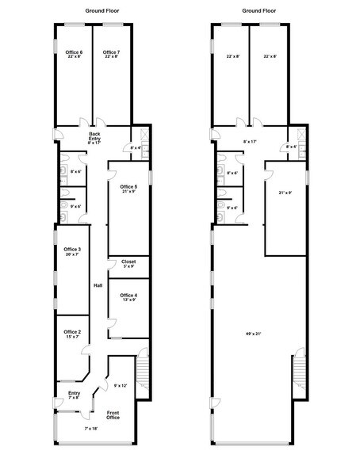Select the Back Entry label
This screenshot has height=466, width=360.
(94, 134)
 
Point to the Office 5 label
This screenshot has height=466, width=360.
(128, 187)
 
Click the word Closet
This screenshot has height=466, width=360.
(128, 261)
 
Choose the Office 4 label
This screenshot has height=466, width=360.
(128, 294)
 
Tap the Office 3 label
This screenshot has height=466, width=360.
(72, 250)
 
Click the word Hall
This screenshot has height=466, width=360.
(98, 285)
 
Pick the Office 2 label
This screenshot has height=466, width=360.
(72, 331)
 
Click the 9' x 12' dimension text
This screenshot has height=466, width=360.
(121, 385)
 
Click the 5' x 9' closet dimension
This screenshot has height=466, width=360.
(128, 266)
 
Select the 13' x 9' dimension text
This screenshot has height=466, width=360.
(128, 300)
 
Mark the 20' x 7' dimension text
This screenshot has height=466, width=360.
(72, 255)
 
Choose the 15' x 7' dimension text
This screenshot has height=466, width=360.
(72, 337)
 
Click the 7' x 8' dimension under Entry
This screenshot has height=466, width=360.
(75, 398)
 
